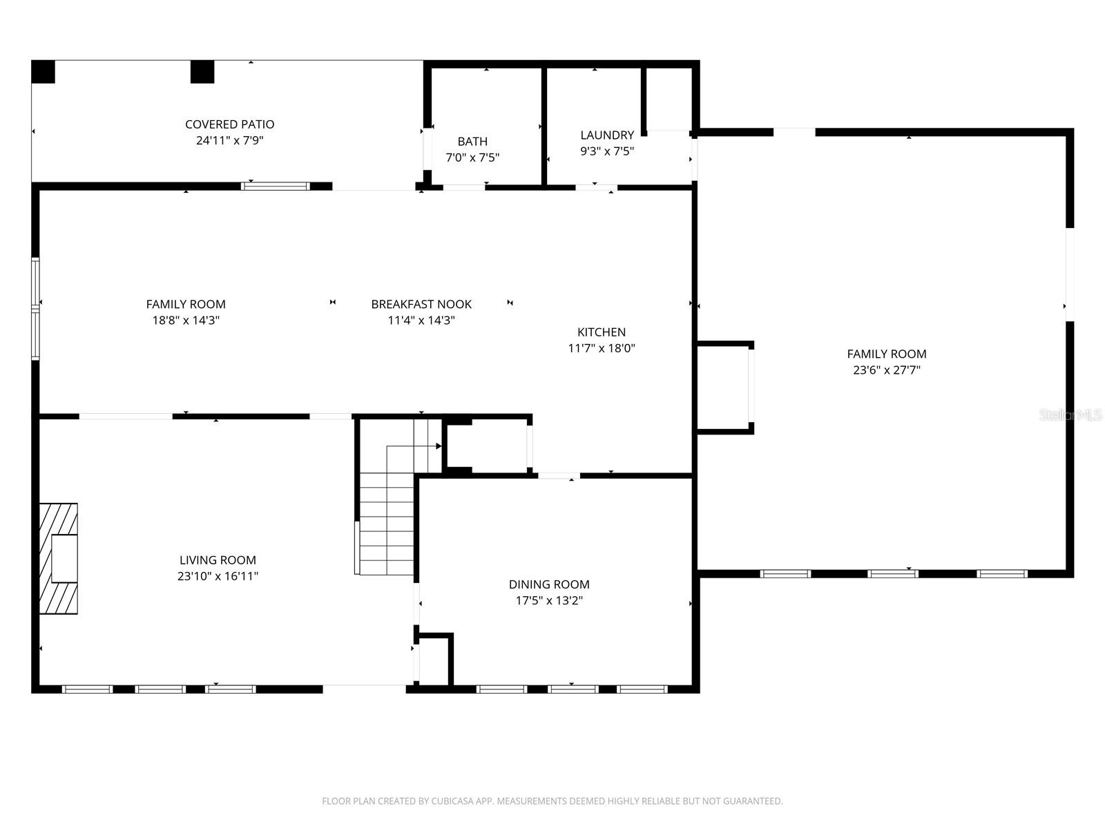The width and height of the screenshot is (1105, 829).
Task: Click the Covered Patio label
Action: [229, 124]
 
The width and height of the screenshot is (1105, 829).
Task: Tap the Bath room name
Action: [472, 142]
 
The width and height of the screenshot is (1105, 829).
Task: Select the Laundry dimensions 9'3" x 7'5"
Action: [606, 151]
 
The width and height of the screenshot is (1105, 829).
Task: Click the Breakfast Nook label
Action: [421, 304]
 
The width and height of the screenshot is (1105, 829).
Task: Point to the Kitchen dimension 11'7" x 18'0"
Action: [602, 348]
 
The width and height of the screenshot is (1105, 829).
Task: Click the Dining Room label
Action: [549, 584]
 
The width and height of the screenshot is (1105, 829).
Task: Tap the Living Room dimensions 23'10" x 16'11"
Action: [218, 576]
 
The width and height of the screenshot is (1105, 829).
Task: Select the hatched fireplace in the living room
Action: [58, 558]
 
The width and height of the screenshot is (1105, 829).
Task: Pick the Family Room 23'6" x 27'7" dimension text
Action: [887, 370]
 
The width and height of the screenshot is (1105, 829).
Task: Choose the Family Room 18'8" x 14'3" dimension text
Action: [186, 321]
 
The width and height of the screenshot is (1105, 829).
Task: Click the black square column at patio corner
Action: [43, 72]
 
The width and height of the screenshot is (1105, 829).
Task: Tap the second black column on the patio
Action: [202, 72]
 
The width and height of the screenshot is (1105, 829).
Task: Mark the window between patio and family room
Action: [276, 186]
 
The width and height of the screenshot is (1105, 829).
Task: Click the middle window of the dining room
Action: [573, 689]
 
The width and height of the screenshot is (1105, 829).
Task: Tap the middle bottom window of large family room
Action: [893, 573]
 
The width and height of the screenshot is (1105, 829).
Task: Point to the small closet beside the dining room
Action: [434, 662]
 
